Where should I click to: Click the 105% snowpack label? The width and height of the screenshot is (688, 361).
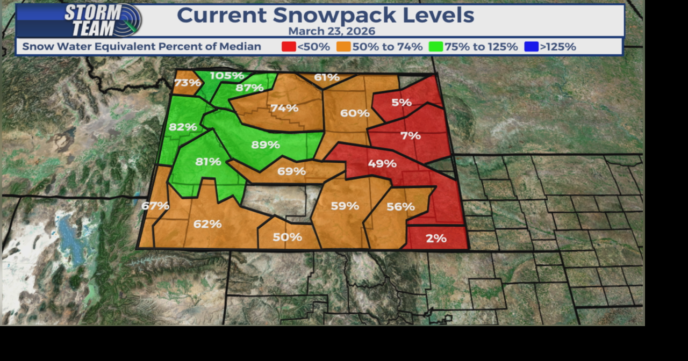[227, 76]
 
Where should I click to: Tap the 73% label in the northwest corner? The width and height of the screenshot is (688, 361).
[188, 83]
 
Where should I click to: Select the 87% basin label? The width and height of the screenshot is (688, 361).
[249, 88]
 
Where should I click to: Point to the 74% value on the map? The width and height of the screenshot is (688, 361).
[284, 108]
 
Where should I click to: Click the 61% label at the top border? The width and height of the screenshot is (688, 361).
[327, 77]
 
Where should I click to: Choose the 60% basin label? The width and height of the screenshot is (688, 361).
[355, 113]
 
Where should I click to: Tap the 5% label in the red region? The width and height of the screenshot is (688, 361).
[402, 102]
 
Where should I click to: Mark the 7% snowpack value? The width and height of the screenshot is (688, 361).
[410, 136]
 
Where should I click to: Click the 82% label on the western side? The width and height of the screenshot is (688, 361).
[183, 127]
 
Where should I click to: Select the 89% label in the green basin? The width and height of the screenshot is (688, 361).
[266, 145]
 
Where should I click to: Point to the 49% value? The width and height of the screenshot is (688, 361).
[382, 163]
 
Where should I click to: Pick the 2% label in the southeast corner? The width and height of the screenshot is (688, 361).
[436, 238]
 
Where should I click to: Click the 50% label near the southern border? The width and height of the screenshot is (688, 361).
[288, 237]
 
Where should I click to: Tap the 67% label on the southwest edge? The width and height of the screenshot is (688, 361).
[155, 205]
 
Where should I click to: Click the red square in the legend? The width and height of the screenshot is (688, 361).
[288, 47]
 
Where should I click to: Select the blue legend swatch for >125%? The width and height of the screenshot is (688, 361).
[531, 47]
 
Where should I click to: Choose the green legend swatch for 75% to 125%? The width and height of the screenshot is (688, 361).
[435, 47]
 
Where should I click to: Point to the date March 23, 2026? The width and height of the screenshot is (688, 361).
[332, 31]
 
